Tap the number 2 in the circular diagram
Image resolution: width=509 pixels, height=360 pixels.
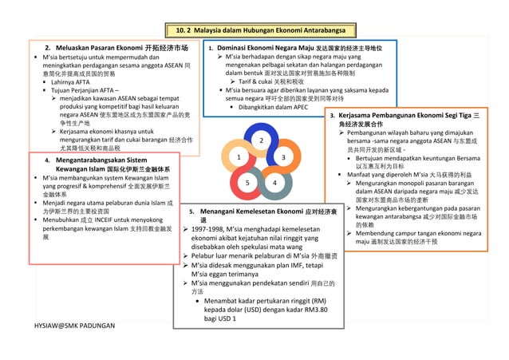[x=261, y=140]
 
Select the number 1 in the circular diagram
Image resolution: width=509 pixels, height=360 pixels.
[x=238, y=159]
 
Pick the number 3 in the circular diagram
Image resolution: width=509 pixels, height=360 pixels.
[x=283, y=159]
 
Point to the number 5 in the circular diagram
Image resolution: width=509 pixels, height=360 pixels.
[x=247, y=184]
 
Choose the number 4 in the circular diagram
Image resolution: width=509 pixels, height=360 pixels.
[x=274, y=184]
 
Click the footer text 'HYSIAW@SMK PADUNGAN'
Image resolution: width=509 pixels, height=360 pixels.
[x=74, y=327]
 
